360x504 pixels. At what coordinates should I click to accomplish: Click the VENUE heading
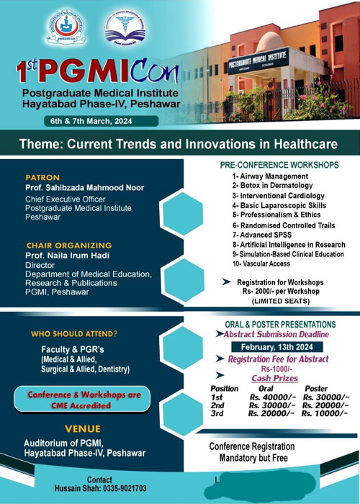point(82,428)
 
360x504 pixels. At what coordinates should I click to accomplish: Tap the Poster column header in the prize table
point(315,387)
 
